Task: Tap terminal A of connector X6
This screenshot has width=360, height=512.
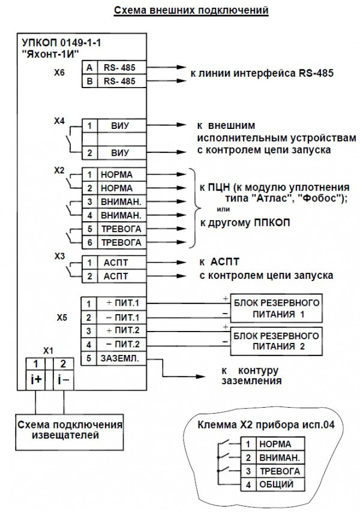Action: coord(89,68)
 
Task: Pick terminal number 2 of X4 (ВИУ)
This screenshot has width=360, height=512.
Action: coord(89,153)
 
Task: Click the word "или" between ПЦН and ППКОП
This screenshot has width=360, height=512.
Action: coord(222,209)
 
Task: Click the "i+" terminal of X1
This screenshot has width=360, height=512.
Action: coord(37,379)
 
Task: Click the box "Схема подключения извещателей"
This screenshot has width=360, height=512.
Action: coord(71,429)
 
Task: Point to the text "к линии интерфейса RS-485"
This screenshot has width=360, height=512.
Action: coord(261,74)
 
